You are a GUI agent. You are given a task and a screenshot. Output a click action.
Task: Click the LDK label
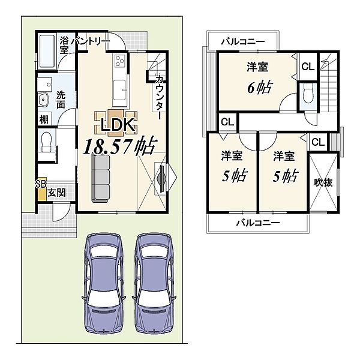118,125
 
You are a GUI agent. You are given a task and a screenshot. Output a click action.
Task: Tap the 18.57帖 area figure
119,146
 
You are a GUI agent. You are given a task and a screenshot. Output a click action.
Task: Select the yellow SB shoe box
42,189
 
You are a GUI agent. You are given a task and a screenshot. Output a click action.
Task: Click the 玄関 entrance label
56,193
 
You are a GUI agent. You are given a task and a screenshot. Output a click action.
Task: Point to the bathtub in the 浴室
47,52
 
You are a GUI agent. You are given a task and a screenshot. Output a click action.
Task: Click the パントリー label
91,41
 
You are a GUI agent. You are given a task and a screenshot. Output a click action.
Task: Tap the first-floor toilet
46,142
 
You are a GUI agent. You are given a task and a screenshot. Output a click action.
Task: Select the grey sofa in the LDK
100,178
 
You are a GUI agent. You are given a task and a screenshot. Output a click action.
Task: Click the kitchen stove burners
119,61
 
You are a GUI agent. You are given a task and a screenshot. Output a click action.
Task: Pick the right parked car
154,283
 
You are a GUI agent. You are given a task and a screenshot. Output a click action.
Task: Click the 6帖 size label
260,88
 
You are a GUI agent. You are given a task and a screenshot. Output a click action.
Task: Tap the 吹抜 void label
323,182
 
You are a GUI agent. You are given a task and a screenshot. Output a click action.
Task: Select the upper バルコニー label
243,42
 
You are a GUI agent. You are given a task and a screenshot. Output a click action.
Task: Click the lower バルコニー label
258,223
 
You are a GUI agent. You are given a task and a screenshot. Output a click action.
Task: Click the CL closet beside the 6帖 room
308,67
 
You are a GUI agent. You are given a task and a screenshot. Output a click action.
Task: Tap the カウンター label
159,97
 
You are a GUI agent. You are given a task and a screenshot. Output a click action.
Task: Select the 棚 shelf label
44,119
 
